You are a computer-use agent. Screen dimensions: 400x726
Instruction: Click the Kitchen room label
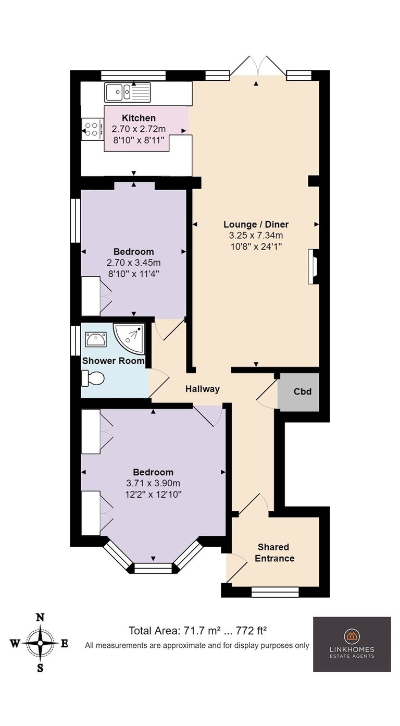139,118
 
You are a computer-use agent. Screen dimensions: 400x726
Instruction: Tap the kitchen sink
128,92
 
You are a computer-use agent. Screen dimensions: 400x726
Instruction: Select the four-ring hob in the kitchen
92,129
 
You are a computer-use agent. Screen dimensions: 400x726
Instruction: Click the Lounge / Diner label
256,224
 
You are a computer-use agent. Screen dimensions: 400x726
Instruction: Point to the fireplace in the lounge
314,266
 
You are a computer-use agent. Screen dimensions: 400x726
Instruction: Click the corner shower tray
129,338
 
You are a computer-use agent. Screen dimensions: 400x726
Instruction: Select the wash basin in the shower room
96,339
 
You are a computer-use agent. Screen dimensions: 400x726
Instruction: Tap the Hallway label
203,389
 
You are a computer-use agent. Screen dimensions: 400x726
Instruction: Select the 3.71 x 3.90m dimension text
153,483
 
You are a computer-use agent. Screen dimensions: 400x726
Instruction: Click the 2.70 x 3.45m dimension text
133,263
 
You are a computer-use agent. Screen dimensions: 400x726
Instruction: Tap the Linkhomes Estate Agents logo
352,644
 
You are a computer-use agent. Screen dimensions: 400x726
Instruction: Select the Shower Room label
113,361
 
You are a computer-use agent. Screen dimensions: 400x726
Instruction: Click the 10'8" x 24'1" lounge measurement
256,247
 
